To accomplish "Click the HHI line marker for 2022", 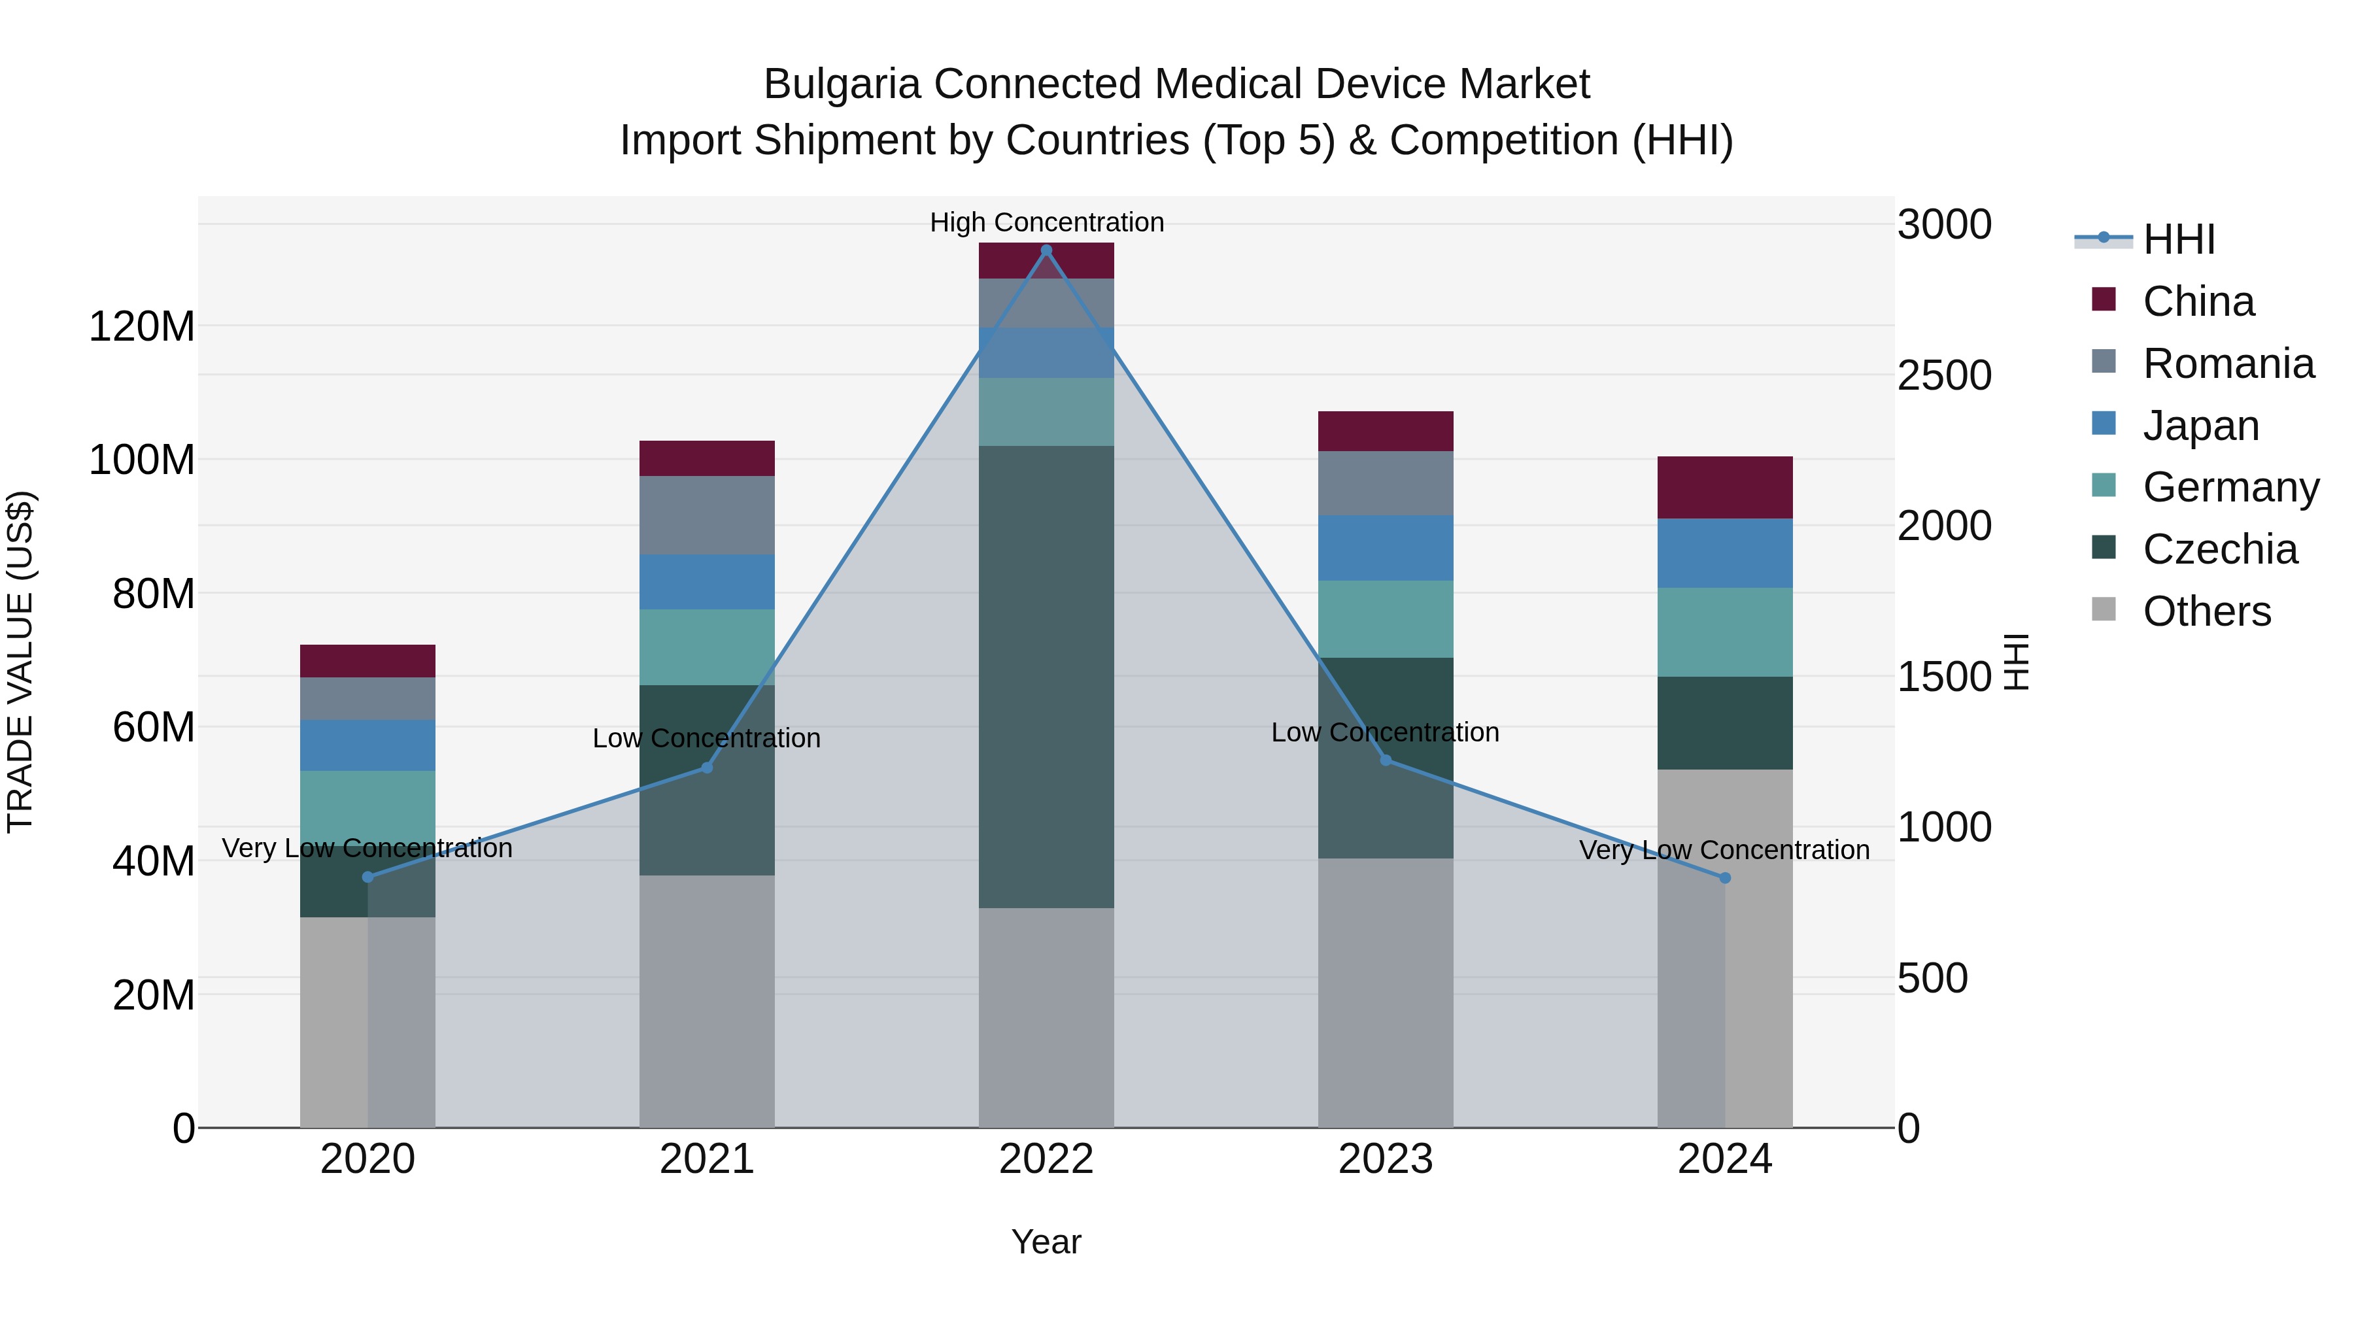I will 1046,250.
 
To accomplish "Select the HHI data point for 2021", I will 706,768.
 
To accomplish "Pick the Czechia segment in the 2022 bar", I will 1046,676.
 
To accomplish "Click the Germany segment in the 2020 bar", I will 367,807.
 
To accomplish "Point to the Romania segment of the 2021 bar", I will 706,515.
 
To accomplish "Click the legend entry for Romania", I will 2228,364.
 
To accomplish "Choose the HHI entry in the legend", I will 2179,239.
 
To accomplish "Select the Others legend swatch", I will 2104,609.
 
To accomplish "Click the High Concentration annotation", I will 1046,222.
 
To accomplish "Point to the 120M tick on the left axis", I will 142,326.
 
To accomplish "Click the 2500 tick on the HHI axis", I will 1945,375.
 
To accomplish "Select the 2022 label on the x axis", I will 1046,1159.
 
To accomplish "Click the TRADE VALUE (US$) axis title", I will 20,662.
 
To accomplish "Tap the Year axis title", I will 1046,1242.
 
